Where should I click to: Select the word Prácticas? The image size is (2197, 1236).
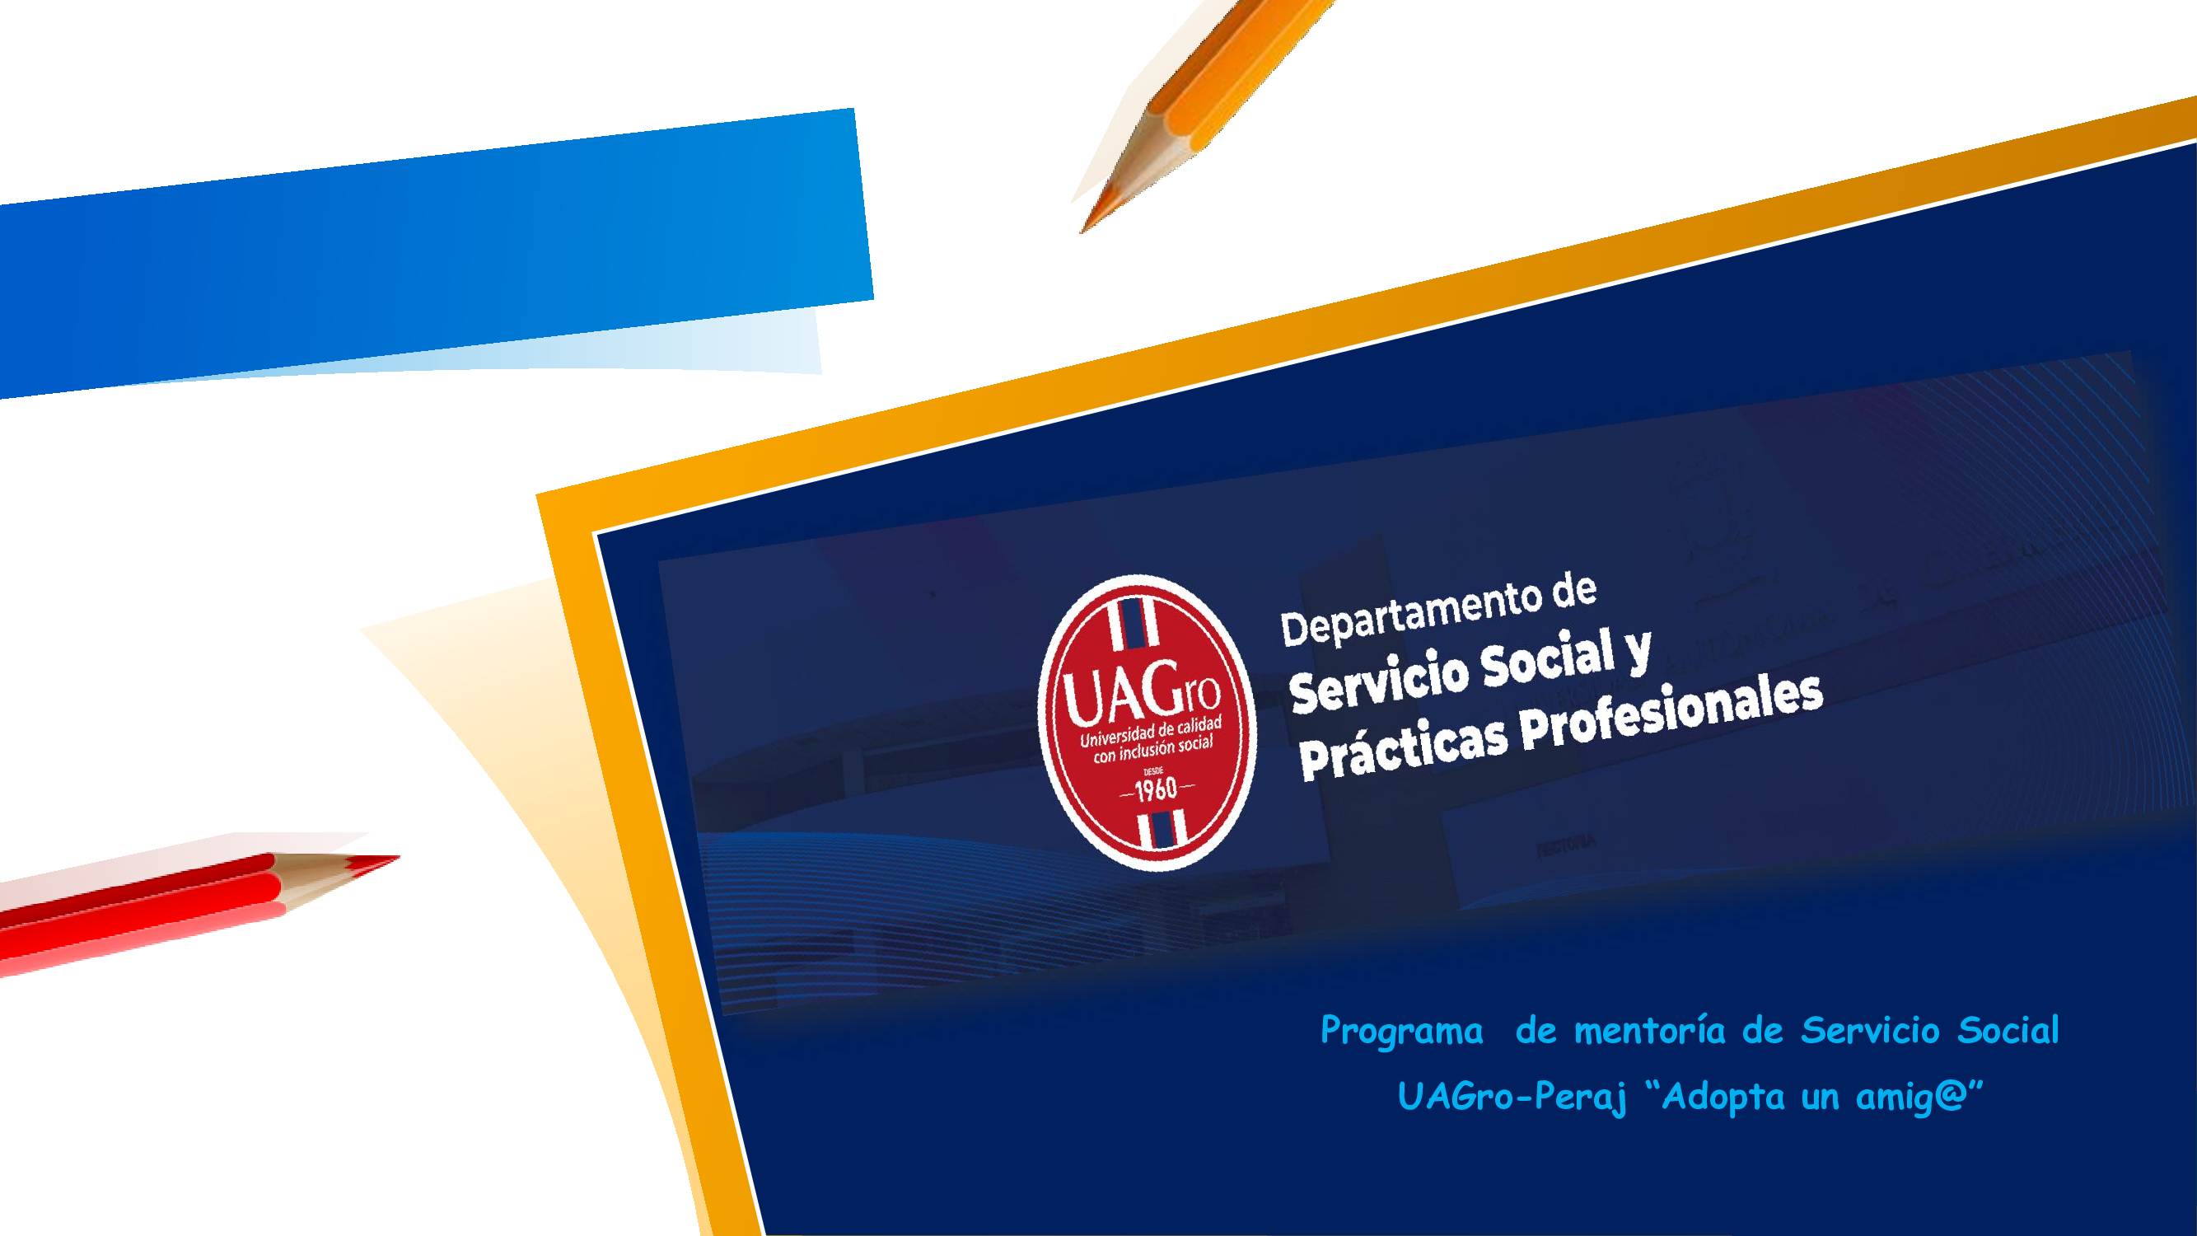(1403, 748)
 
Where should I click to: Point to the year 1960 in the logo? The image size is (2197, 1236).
(1157, 790)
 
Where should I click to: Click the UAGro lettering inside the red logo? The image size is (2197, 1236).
(1141, 694)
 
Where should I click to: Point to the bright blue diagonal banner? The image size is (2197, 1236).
(435, 251)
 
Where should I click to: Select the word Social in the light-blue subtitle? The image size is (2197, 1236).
(2008, 1031)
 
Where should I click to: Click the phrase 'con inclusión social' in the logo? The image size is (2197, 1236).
(1153, 749)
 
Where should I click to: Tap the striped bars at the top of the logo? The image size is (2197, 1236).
(1134, 622)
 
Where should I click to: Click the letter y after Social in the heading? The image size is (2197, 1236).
(1638, 653)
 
